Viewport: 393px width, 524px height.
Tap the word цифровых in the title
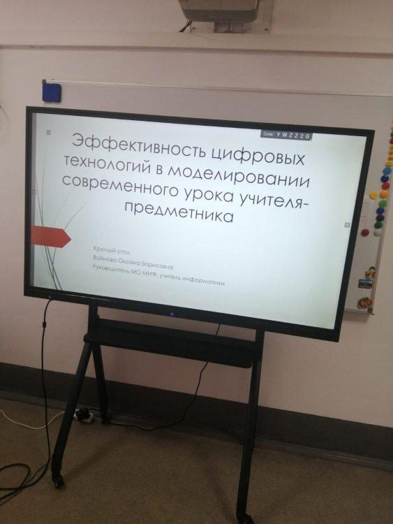(x=258, y=156)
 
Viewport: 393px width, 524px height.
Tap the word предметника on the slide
(x=179, y=210)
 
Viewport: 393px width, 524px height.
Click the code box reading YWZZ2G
(x=286, y=136)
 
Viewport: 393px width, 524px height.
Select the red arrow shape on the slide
(x=50, y=237)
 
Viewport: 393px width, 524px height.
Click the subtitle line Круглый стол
(x=112, y=251)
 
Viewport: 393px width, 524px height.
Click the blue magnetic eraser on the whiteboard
(x=52, y=92)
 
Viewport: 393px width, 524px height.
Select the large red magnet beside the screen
(x=365, y=232)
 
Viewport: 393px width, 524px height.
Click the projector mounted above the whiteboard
(x=223, y=13)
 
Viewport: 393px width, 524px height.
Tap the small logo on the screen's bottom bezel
(x=169, y=314)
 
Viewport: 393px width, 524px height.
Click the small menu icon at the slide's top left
(x=48, y=132)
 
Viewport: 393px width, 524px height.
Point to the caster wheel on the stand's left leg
(x=58, y=481)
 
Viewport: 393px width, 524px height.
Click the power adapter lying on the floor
(x=84, y=416)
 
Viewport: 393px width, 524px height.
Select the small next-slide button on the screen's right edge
(x=347, y=225)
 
